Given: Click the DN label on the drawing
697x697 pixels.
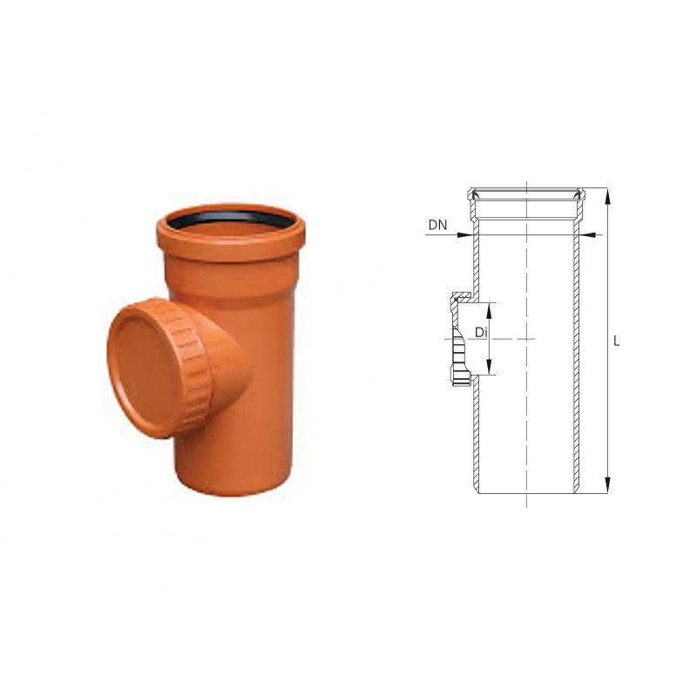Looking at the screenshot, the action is coord(437,225).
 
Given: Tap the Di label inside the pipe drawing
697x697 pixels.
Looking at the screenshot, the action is coord(481,332).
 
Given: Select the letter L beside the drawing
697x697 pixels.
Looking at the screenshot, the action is coord(616,342).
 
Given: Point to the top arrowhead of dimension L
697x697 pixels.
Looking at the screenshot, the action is coord(607,196).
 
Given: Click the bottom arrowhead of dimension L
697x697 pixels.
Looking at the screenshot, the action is coord(607,484).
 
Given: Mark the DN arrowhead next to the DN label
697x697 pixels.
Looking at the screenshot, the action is coord(464,234).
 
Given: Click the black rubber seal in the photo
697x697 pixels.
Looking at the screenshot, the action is coord(231,216).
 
